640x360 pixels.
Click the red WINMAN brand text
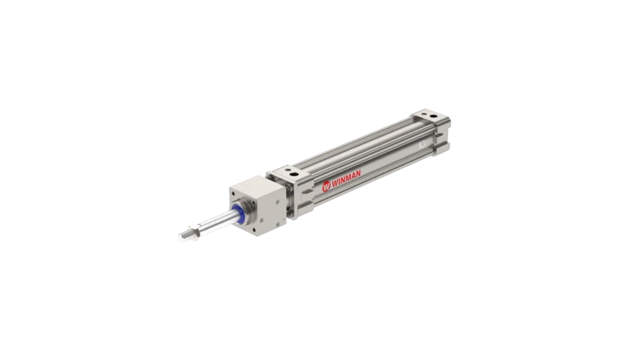[346, 179]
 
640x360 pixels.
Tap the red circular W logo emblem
[326, 187]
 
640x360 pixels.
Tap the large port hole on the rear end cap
[432, 117]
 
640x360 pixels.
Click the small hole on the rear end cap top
[422, 115]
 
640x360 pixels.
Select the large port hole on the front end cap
[294, 174]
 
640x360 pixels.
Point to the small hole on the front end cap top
[283, 172]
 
